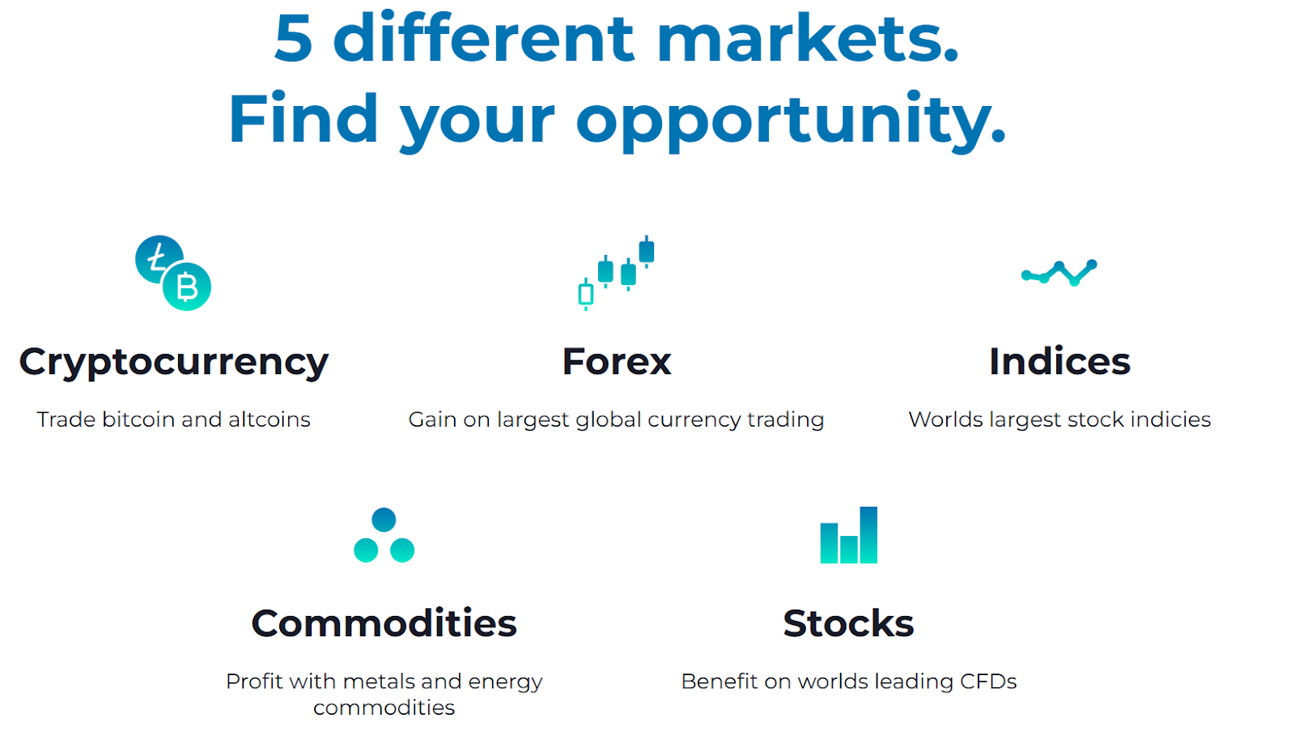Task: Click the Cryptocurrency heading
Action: tap(173, 363)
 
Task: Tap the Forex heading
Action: tap(616, 361)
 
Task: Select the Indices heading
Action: tap(1059, 361)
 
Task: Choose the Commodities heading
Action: tap(384, 623)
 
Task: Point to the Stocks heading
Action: tap(849, 623)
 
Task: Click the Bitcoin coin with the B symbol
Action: tap(187, 287)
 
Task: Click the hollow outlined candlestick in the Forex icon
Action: tap(586, 294)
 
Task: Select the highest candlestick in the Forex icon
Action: tap(647, 252)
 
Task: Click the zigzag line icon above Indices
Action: tap(1059, 273)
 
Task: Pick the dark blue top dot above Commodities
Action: tap(384, 520)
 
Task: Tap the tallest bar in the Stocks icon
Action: tap(868, 535)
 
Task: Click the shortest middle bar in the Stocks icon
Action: tap(849, 549)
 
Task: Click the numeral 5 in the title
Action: tap(294, 38)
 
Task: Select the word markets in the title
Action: tap(808, 38)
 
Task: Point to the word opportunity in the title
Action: tap(791, 121)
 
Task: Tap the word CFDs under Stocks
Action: tap(988, 682)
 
